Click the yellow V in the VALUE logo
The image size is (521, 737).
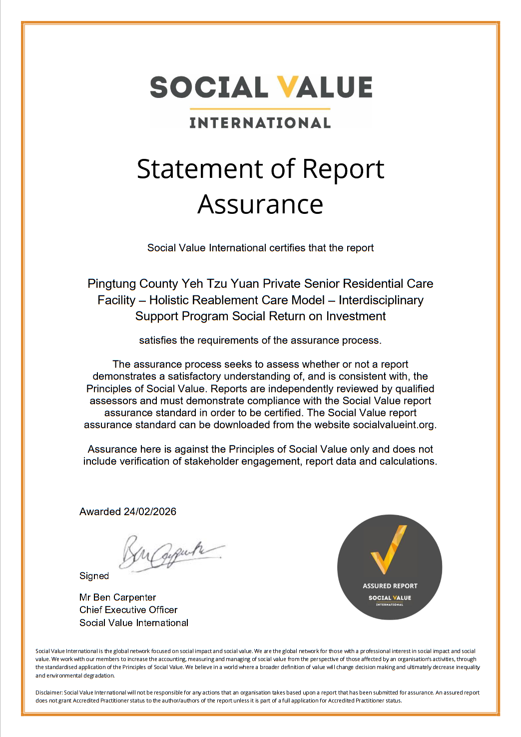(288, 87)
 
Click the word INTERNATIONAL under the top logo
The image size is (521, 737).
(260, 123)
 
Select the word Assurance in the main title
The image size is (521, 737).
(260, 204)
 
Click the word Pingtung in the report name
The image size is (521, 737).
(111, 284)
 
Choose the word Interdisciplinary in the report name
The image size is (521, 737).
(381, 300)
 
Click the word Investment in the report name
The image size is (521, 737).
(356, 316)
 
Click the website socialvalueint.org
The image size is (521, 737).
(394, 425)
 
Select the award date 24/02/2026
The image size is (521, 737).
(150, 512)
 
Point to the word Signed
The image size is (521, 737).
(94, 576)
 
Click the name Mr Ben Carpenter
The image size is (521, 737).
(117, 598)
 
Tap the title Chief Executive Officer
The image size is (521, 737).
(128, 610)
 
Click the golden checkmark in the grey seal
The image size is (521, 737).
(388, 550)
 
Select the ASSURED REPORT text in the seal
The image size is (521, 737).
(390, 586)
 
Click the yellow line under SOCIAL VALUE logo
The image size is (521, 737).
(260, 108)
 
